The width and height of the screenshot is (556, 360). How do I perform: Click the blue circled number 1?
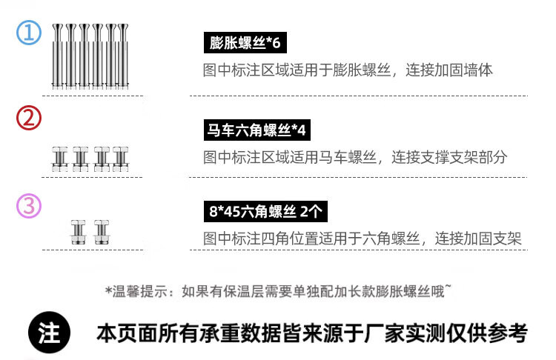29,33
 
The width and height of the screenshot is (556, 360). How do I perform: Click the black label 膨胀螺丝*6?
245,43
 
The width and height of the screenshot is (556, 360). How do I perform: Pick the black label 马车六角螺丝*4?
256,131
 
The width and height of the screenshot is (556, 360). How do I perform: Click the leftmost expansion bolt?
57,56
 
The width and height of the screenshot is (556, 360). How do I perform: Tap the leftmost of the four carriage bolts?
59,159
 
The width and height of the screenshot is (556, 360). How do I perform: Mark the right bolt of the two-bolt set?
99,233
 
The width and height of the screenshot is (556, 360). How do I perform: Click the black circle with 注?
49,333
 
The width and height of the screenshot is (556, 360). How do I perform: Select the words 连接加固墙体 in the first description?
456,70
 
